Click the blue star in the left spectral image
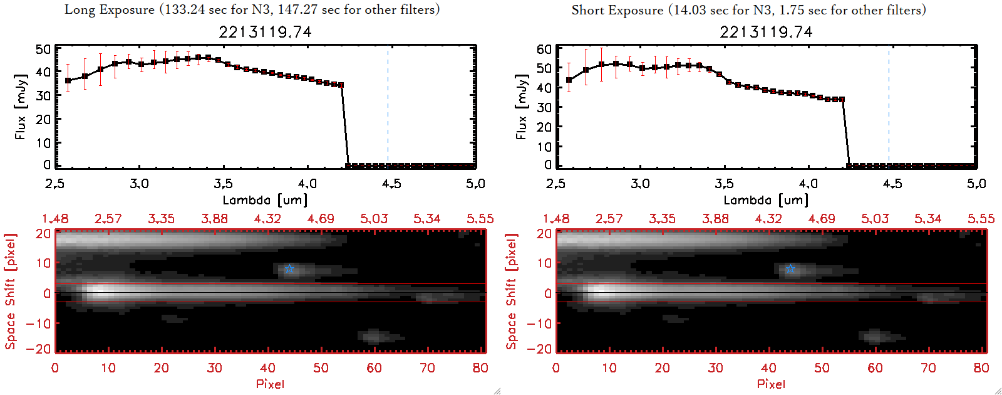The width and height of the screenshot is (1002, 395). (289, 269)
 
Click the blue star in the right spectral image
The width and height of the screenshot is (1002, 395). (790, 269)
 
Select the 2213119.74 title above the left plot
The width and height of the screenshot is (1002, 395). (265, 32)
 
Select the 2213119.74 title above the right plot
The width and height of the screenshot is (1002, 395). (766, 32)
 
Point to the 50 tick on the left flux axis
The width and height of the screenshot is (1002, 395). (43, 49)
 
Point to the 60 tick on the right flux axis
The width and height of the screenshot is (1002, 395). (544, 49)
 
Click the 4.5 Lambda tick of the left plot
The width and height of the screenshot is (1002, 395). (391, 184)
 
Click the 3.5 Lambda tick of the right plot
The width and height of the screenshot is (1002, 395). (724, 184)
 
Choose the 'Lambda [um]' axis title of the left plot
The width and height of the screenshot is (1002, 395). (265, 200)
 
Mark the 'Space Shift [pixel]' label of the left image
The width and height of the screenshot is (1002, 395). (11, 292)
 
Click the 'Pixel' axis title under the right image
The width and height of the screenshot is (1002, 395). (771, 384)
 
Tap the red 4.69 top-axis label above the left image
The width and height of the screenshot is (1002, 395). (321, 219)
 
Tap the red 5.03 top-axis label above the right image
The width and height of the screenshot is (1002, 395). (875, 219)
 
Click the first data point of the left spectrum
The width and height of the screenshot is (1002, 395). (68, 81)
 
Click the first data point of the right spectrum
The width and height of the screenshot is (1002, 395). (569, 80)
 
